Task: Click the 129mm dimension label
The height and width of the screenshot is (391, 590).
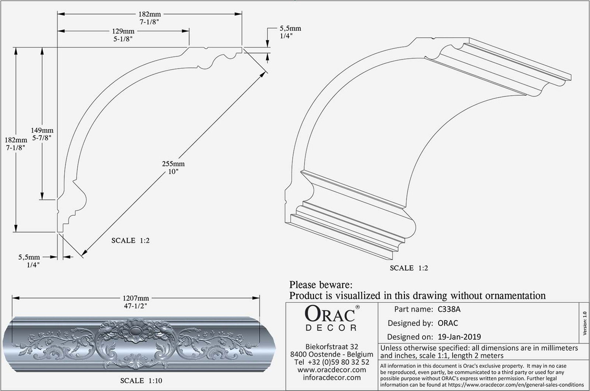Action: click(x=123, y=31)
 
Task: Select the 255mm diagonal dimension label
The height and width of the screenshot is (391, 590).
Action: click(x=173, y=164)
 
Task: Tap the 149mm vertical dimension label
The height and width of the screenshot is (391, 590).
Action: click(x=42, y=130)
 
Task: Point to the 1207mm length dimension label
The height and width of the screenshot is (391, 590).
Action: click(x=136, y=298)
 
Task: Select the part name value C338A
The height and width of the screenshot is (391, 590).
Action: click(x=449, y=309)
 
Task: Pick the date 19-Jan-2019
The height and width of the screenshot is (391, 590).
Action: click(x=459, y=337)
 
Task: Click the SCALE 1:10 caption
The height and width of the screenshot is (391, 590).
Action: click(x=141, y=381)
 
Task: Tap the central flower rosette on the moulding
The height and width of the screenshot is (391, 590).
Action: click(x=135, y=331)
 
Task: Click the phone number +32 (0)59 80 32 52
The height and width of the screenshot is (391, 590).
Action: click(x=339, y=362)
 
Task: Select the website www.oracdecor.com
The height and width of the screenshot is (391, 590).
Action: click(x=332, y=370)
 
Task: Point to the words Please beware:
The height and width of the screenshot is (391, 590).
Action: click(x=321, y=285)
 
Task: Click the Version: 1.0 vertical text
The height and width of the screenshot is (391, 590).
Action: click(x=584, y=323)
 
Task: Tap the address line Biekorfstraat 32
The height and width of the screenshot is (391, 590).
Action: click(x=332, y=347)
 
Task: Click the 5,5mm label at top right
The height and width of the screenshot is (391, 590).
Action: click(x=290, y=28)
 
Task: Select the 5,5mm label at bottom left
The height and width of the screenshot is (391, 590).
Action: click(x=29, y=257)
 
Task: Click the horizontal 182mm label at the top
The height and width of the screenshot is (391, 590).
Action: click(x=150, y=14)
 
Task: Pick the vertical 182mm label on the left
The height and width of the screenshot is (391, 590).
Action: click(x=16, y=140)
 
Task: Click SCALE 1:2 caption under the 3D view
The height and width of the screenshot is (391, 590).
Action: click(x=409, y=268)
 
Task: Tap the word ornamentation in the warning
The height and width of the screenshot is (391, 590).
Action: click(x=498, y=295)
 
